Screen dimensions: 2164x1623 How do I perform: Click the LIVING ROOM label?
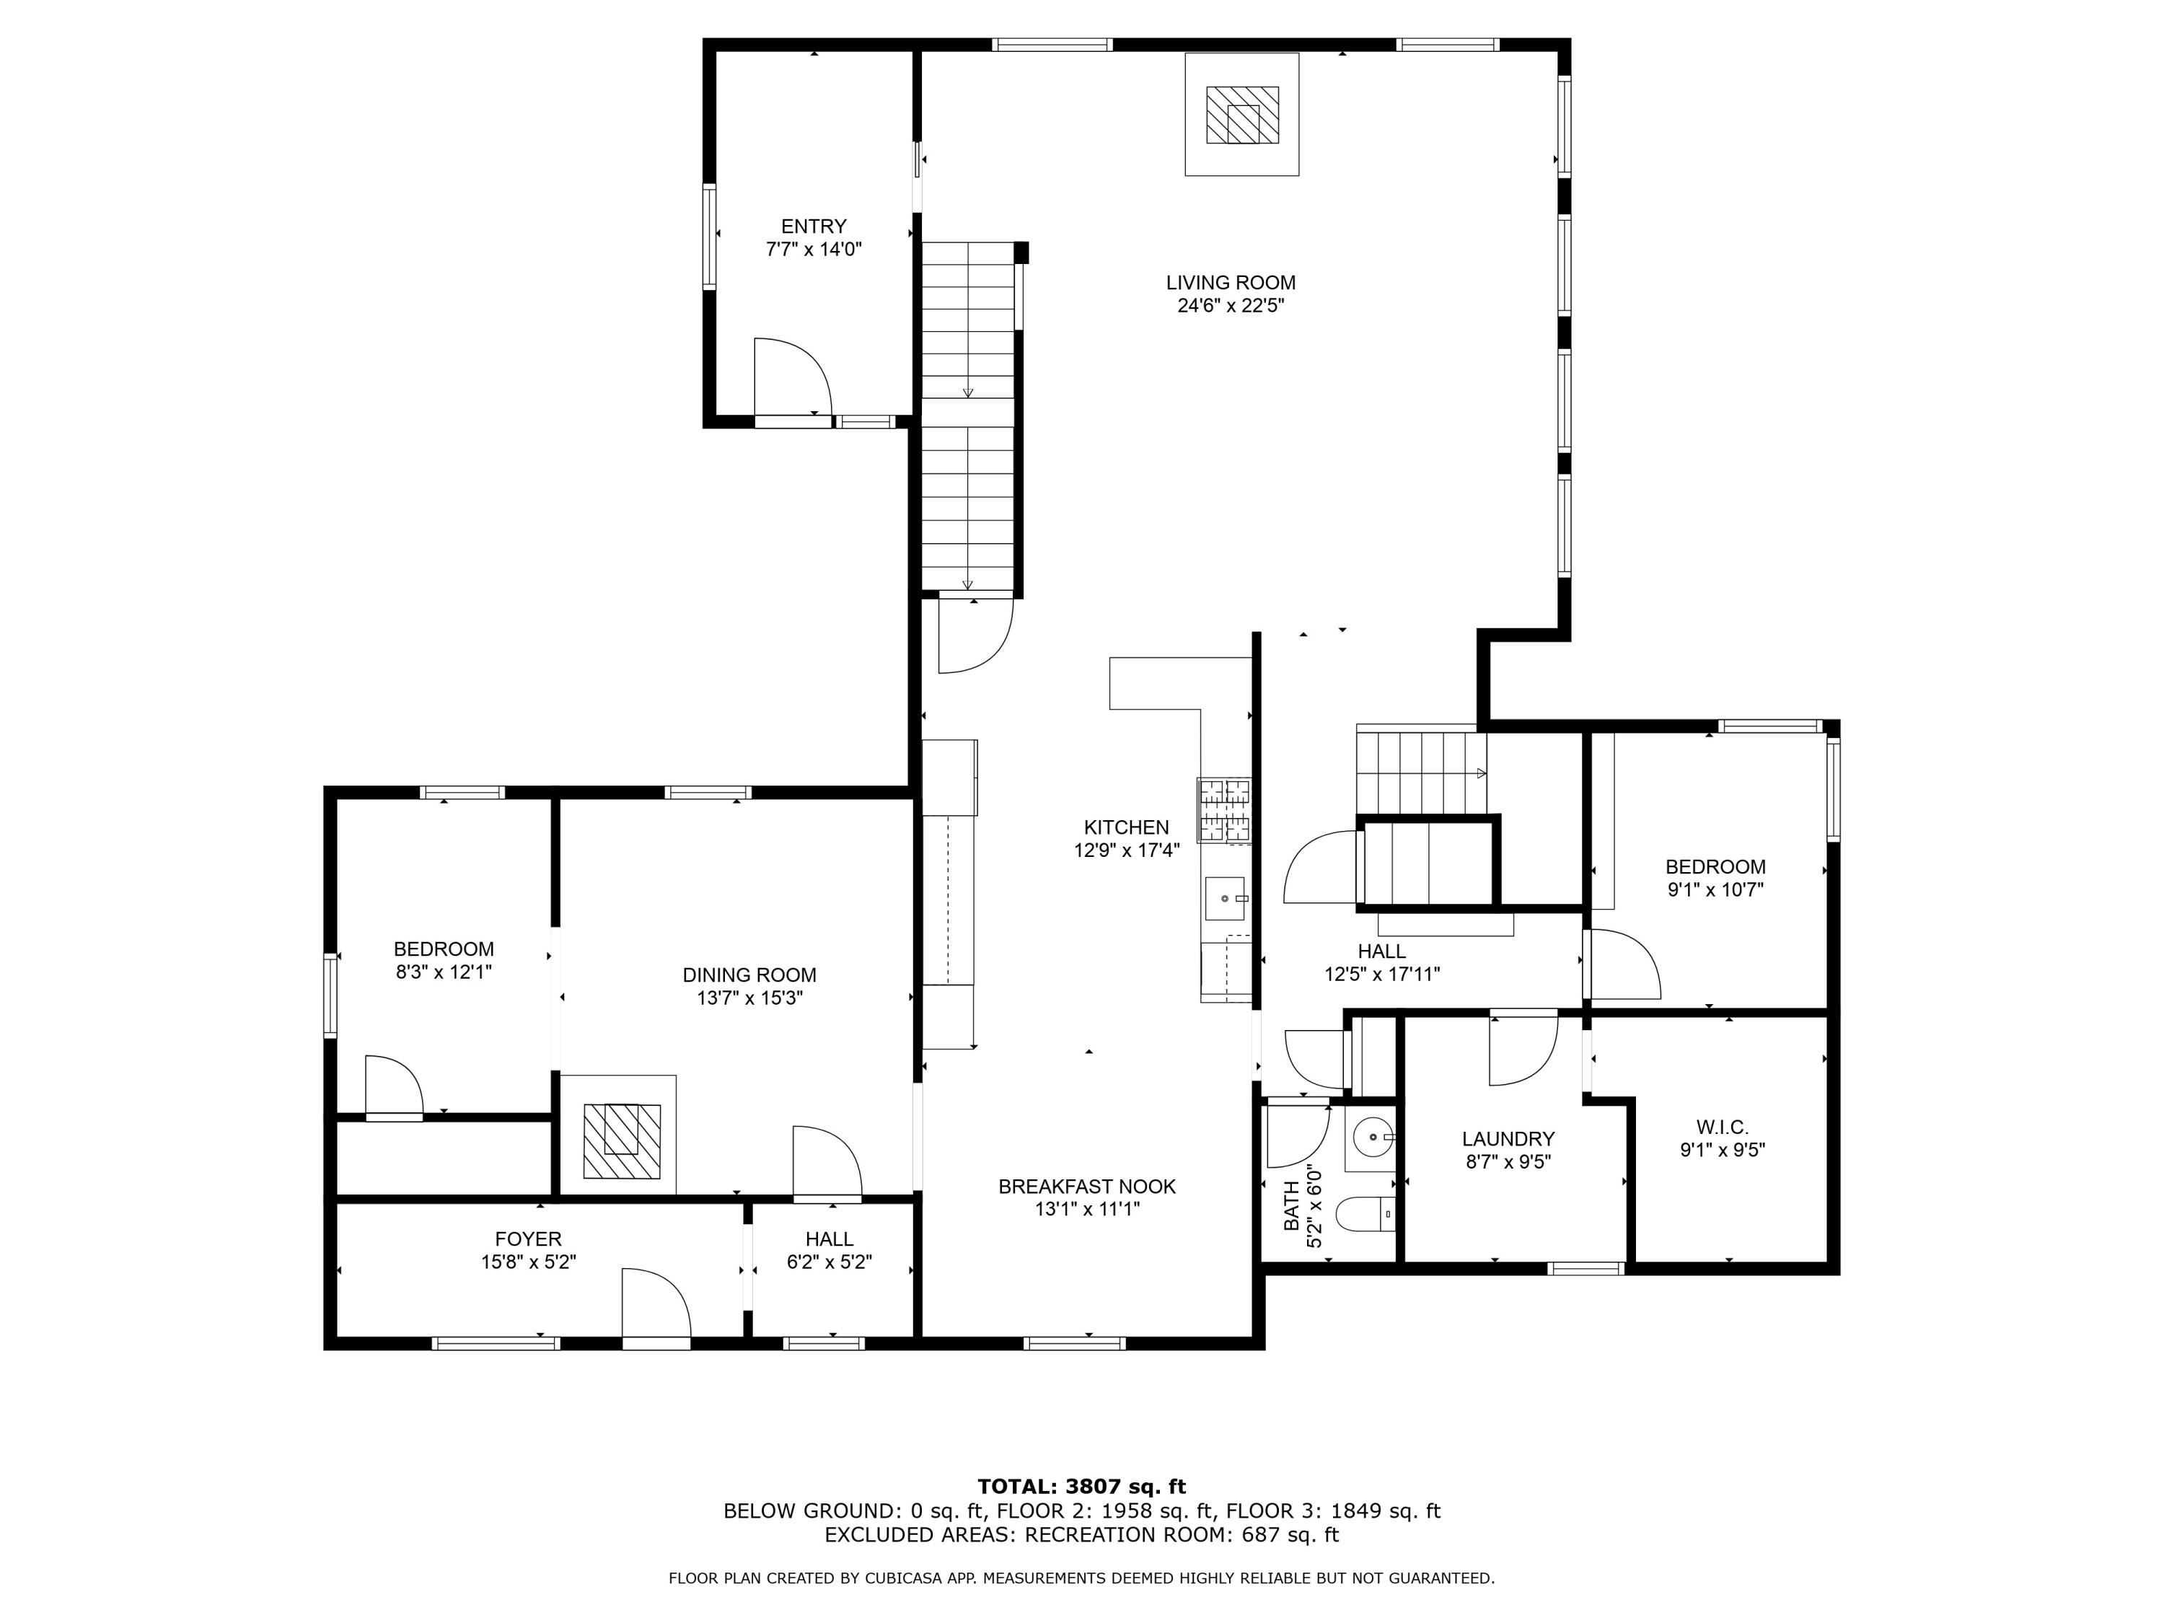(x=1231, y=283)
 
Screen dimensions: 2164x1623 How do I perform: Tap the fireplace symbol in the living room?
(x=1241, y=115)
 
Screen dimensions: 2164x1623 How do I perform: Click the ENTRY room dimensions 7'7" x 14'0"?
(x=814, y=250)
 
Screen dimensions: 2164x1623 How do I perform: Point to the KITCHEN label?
(x=1126, y=827)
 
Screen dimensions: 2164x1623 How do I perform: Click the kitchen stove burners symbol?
(x=1224, y=811)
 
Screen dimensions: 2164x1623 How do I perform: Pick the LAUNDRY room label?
(x=1508, y=1139)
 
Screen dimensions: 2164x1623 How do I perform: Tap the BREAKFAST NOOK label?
(x=1087, y=1187)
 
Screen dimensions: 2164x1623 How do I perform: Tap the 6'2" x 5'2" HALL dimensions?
(x=830, y=1263)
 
